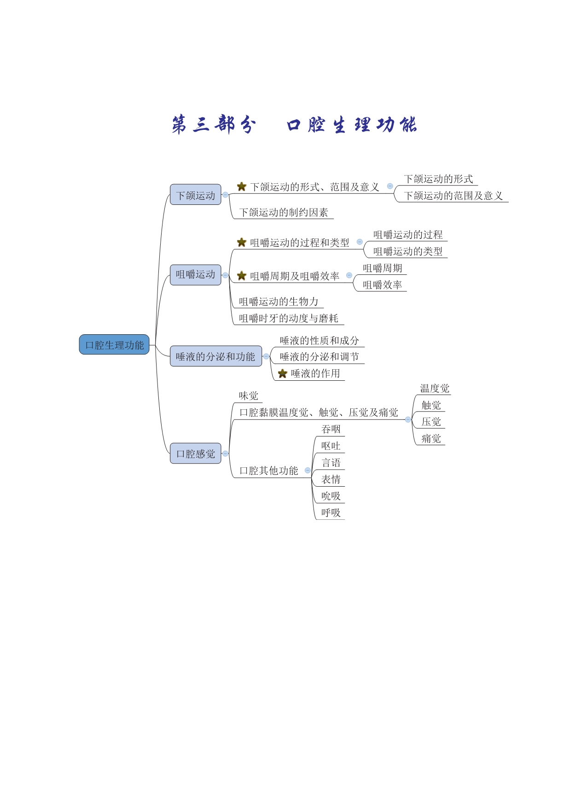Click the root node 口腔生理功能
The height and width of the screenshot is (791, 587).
point(114,344)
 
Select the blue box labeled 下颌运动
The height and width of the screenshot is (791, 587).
point(196,195)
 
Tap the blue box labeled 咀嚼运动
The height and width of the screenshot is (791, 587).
point(196,275)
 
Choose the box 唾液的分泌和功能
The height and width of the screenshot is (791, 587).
point(216,356)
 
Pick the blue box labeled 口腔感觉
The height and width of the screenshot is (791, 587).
point(196,454)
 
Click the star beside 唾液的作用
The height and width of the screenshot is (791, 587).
point(283,373)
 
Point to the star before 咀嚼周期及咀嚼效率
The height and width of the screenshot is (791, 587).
point(242,276)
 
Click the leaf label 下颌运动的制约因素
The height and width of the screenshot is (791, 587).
point(284,212)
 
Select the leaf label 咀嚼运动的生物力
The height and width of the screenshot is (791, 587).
point(279,302)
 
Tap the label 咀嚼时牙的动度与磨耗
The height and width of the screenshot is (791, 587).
point(289,318)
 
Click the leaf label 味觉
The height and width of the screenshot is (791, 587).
point(249,395)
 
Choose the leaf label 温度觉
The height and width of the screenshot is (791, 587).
point(435,388)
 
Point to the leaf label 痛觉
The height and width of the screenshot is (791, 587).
point(431,438)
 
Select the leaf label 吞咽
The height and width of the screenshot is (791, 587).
point(331,429)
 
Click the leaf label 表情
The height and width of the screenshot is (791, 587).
point(331,479)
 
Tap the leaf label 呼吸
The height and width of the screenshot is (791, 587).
point(331,512)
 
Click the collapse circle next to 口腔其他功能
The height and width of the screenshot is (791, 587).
point(308,471)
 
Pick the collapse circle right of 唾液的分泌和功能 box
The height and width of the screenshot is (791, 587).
point(266,356)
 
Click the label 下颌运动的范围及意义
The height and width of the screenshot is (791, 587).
point(453,196)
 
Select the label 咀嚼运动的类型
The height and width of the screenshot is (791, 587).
point(408,251)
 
